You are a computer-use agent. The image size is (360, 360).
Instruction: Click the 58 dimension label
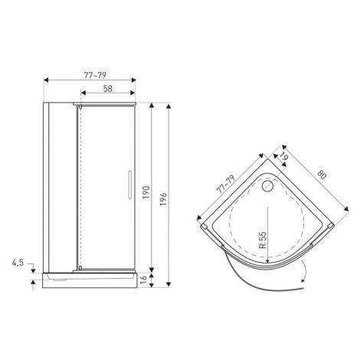[108, 89]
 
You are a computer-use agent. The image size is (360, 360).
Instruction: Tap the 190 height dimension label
[146, 192]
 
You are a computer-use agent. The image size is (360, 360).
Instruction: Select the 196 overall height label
[163, 199]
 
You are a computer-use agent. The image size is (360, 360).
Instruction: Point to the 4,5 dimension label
[18, 263]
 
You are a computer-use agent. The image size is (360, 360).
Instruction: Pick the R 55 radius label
[263, 240]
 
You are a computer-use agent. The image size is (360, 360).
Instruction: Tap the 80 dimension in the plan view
[322, 175]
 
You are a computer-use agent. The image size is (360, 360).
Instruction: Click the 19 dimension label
[283, 156]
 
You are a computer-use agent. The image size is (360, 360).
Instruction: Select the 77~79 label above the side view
[95, 75]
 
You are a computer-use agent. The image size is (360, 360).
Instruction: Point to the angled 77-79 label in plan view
[225, 185]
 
